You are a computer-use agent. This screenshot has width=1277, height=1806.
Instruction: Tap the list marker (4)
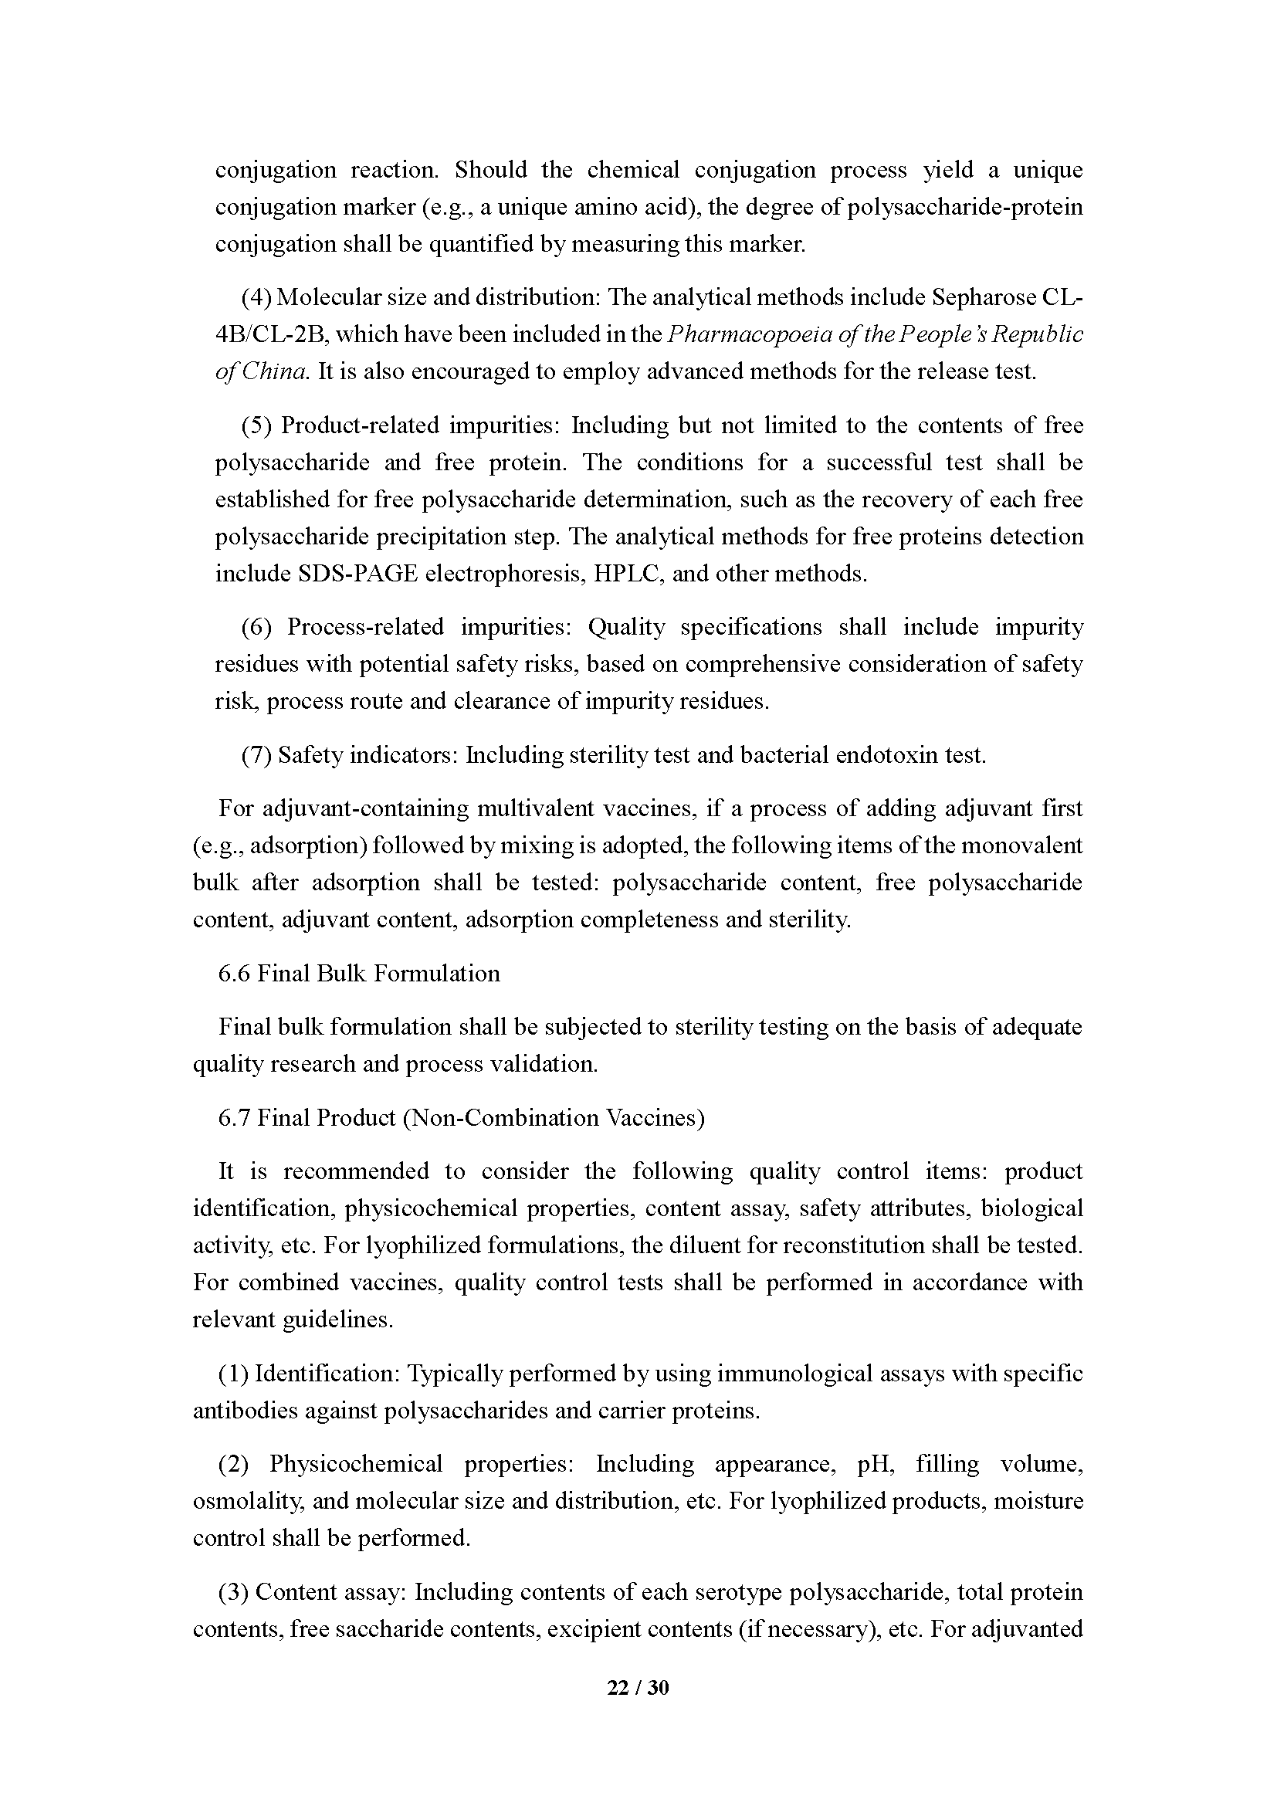[x=256, y=297]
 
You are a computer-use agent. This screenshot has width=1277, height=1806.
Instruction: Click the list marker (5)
[x=256, y=425]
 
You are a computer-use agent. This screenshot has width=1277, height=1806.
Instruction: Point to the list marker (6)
[x=256, y=627]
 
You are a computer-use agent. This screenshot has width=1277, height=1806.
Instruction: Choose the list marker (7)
[x=256, y=755]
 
